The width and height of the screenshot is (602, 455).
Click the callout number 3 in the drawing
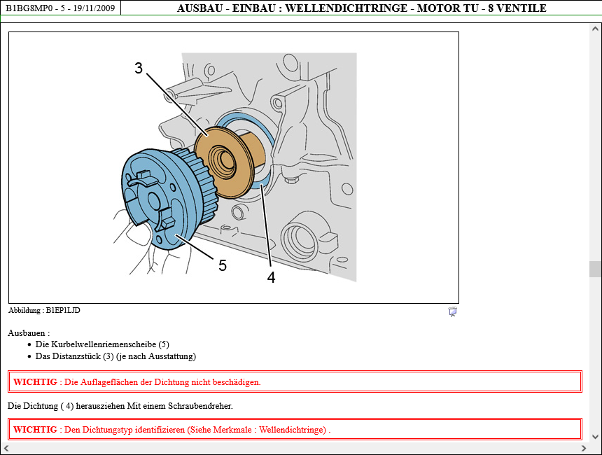[x=139, y=69]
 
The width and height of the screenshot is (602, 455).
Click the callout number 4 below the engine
[x=272, y=277]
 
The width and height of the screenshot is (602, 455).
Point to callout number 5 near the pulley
[x=223, y=265]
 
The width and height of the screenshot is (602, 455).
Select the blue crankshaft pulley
[x=165, y=199]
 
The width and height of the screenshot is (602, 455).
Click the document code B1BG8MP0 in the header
[x=29, y=8]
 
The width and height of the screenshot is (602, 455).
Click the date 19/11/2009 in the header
[x=94, y=8]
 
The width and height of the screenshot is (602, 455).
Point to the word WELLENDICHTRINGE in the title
[x=346, y=8]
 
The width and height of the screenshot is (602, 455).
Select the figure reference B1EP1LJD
[x=63, y=310]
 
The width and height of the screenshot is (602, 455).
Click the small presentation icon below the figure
[x=453, y=311]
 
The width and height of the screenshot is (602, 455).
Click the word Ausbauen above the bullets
[x=27, y=333]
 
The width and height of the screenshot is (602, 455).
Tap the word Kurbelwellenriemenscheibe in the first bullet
[x=104, y=344]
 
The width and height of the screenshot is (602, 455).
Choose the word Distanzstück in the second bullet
[x=76, y=356]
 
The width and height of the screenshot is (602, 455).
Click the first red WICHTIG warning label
[x=35, y=382]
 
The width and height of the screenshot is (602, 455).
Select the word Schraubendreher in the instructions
[x=199, y=406]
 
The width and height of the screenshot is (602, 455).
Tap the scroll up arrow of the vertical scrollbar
[x=596, y=29]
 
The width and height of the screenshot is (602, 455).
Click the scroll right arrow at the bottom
[x=584, y=448]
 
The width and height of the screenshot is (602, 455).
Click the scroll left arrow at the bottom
[x=6, y=448]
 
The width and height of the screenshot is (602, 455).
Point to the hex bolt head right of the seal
[x=290, y=180]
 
